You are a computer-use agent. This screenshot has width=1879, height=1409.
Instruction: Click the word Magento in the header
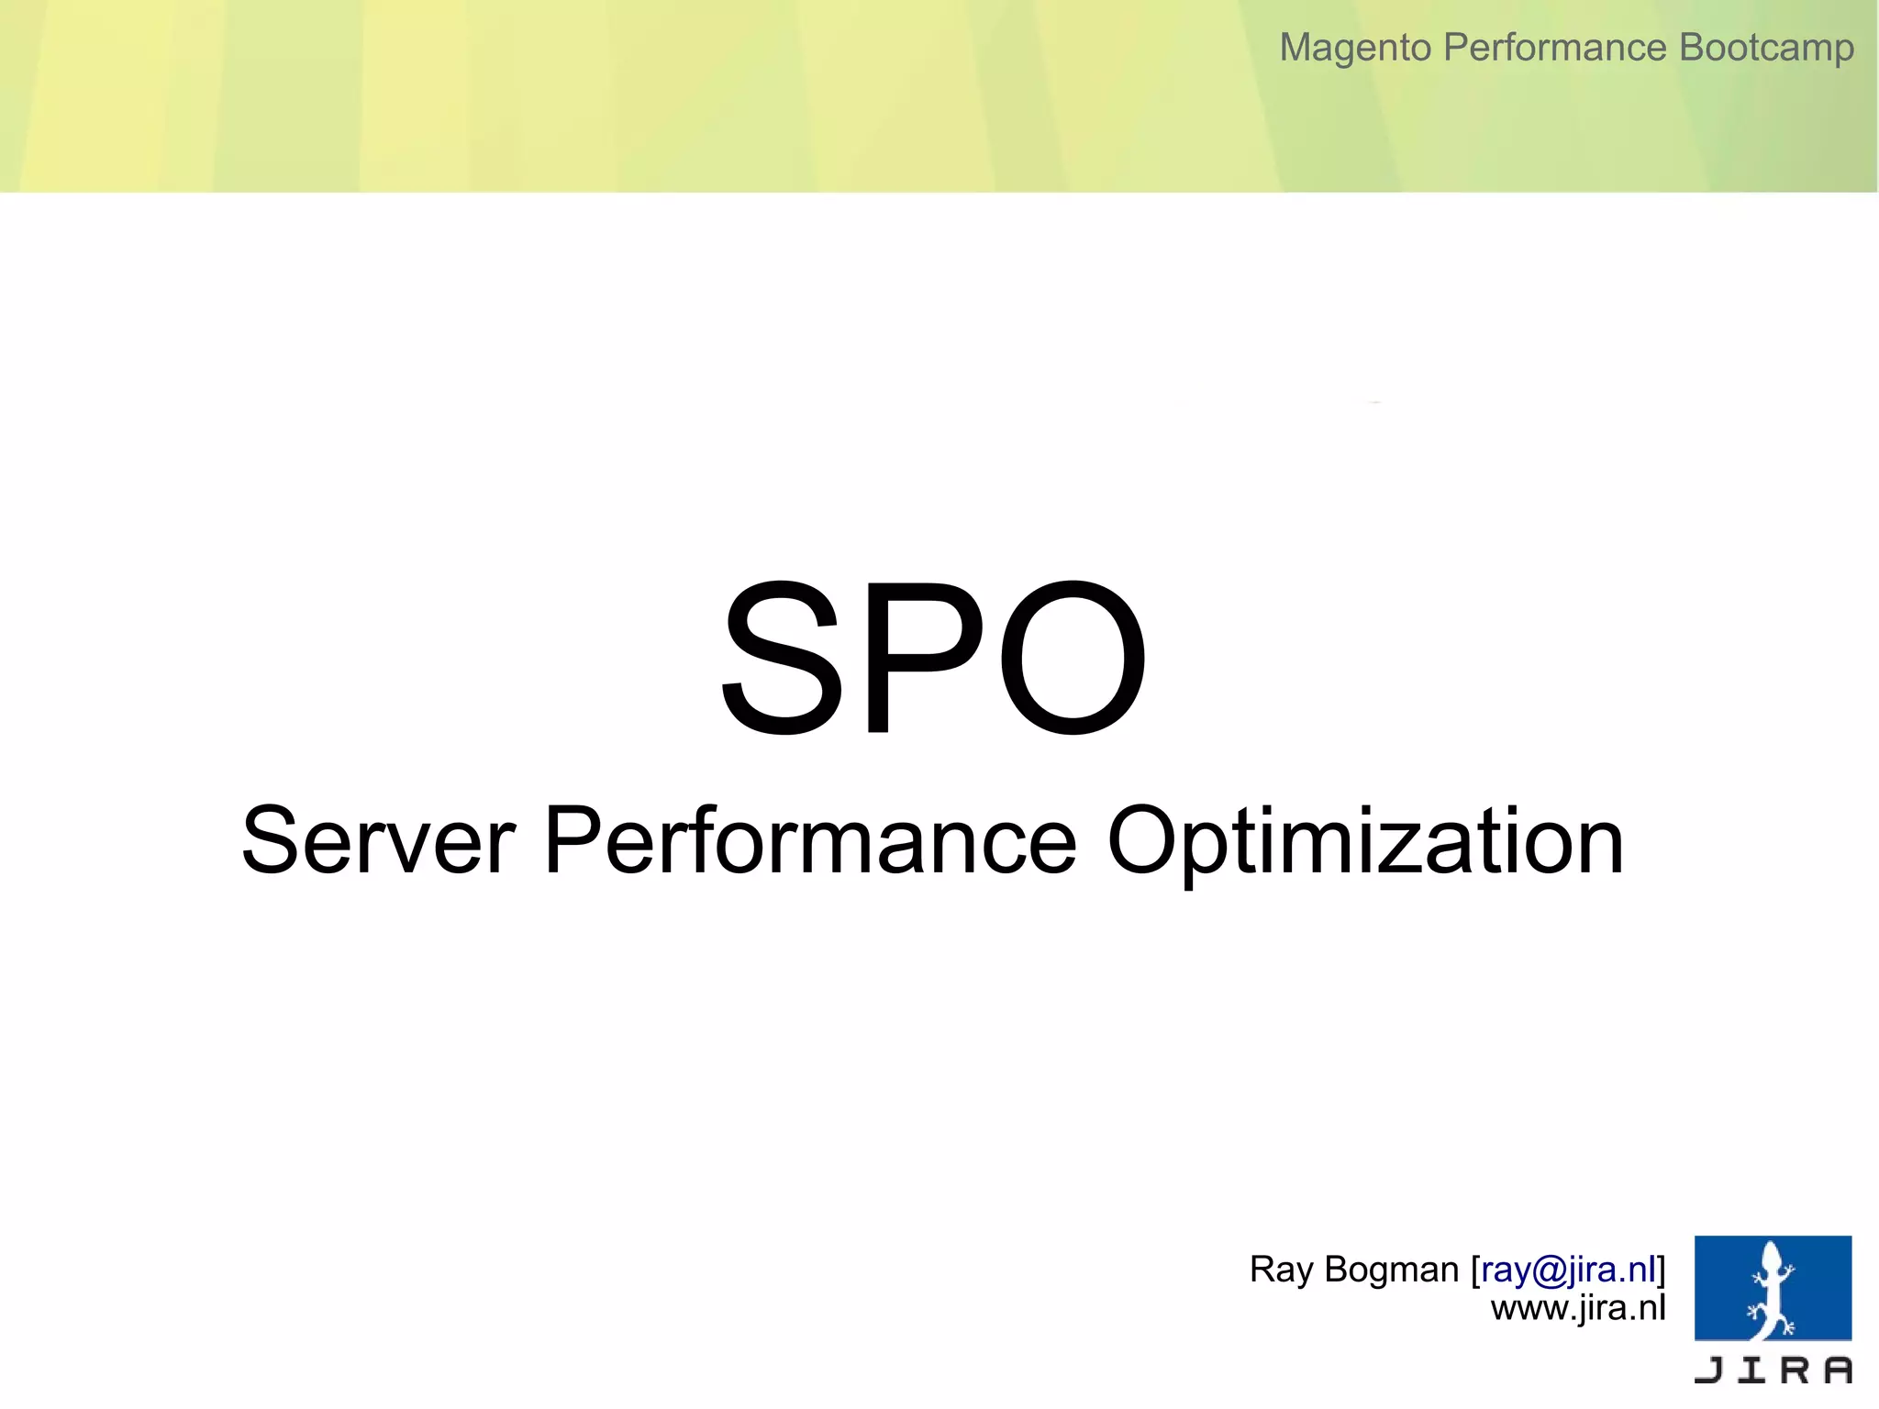click(x=1355, y=48)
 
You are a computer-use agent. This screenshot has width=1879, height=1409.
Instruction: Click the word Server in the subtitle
click(x=378, y=840)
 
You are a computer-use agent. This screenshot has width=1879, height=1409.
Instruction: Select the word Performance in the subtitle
click(x=809, y=840)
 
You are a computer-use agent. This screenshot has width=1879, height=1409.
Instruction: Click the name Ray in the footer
click(x=1281, y=1270)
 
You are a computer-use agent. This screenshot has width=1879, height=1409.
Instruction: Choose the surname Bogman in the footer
click(x=1392, y=1270)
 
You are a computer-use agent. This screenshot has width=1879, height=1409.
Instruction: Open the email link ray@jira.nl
click(x=1568, y=1270)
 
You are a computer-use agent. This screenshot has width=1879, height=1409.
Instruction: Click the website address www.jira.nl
click(x=1578, y=1308)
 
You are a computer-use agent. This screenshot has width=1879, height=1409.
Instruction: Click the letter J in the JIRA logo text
click(x=1709, y=1370)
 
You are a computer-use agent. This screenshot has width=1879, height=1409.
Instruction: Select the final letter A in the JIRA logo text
click(x=1837, y=1370)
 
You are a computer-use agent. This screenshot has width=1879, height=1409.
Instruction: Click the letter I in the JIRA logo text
click(x=1752, y=1370)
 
